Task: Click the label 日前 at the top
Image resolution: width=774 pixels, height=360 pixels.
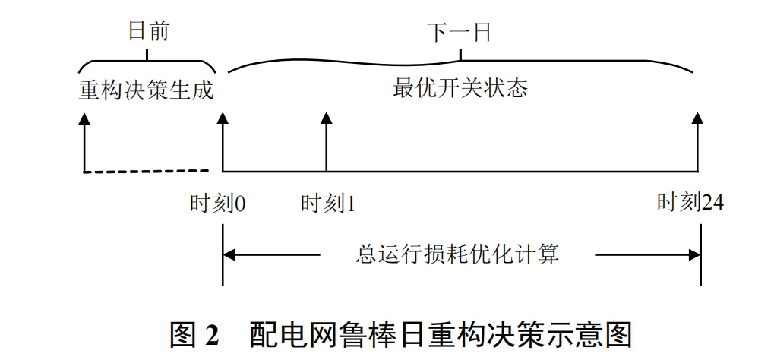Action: coord(147,32)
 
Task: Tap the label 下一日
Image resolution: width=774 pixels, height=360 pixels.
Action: coord(460,32)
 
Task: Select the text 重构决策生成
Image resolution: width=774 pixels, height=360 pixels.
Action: coord(147,90)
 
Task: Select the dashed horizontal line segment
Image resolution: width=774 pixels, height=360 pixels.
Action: coord(146,172)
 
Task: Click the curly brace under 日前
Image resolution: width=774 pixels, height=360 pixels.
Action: coord(147,65)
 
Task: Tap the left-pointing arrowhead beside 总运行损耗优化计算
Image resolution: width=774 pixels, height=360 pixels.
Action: coord(231,254)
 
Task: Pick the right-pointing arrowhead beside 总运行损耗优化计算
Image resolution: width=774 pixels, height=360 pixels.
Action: coord(692,254)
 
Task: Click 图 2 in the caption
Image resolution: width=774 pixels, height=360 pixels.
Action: coord(195,335)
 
